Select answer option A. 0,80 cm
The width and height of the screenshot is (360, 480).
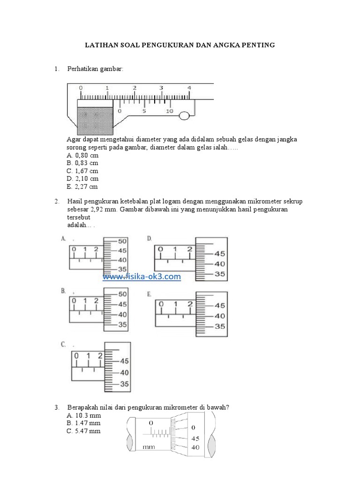pos(82,155)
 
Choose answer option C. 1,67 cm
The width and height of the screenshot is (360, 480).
pos(82,171)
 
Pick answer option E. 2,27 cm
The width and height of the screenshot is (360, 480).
pos(82,187)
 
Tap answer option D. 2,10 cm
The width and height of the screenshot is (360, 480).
pos(82,179)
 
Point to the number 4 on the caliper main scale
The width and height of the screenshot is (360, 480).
pos(189,88)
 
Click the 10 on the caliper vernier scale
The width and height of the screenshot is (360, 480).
pos(169,112)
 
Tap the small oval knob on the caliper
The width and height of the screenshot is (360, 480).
pos(184,115)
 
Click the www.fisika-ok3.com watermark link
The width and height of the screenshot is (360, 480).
pos(142,277)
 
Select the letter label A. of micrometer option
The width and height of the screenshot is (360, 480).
pos(63,239)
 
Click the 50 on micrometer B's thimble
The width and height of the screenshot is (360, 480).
pos(122,294)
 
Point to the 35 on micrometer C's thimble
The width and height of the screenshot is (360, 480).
pos(125,384)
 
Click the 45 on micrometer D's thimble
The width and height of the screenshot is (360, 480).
pos(219,254)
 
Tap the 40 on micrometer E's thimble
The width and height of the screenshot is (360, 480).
pos(219,316)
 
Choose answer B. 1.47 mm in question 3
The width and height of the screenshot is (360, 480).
pos(84,423)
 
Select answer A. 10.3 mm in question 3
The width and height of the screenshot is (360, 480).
pos(84,416)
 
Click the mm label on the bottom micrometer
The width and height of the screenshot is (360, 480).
pos(149,447)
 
